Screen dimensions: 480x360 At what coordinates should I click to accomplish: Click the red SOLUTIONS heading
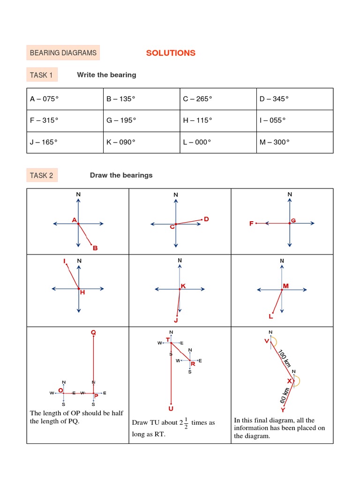pos(171,53)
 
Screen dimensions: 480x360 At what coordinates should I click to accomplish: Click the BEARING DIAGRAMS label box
pos(63,53)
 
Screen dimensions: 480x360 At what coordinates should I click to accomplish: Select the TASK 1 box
pos(41,75)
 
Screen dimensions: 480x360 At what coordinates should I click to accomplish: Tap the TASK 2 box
pos(41,175)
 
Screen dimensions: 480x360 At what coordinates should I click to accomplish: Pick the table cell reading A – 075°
pos(65,99)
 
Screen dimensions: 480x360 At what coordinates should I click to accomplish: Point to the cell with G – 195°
pos(142,120)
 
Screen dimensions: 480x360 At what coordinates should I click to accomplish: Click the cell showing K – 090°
pos(142,142)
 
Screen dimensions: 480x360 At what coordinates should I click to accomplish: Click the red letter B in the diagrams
pos(95,248)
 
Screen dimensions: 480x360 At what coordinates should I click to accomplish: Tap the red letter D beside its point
pos(206,219)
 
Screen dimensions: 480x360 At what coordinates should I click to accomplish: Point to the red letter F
pos(251,224)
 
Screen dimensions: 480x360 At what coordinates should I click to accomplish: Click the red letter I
pos(65,261)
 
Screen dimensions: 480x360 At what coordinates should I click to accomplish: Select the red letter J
pos(176,321)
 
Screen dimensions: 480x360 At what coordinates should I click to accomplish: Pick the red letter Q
pos(93,332)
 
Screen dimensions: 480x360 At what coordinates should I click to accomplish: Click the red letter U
pos(171,409)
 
